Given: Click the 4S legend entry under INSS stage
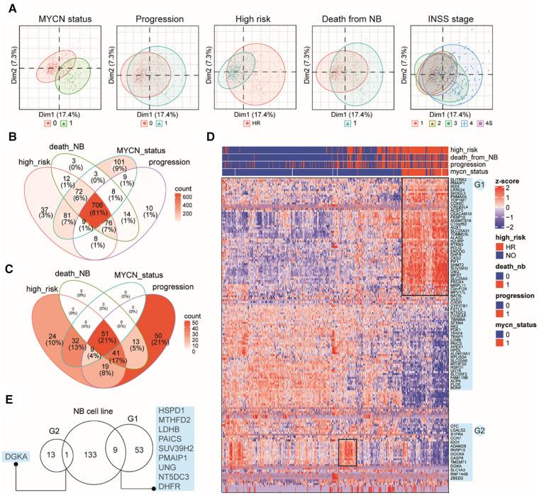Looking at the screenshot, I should click(484, 123).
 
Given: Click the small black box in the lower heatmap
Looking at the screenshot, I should click(347, 452).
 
